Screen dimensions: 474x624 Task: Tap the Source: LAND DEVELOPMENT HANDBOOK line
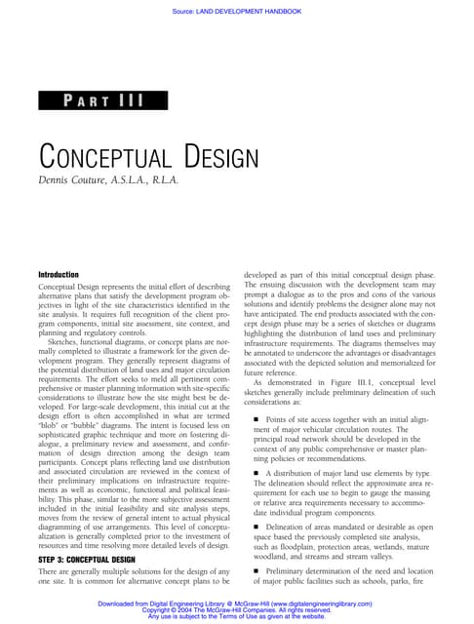click(x=237, y=12)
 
